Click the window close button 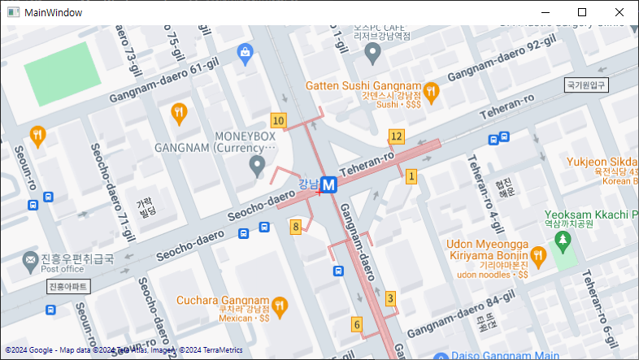[619, 12]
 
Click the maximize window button [582, 12]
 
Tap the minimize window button [545, 12]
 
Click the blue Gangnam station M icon [329, 185]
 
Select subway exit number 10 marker [279, 121]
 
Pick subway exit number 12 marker [396, 136]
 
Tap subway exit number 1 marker [411, 176]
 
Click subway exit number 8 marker [296, 227]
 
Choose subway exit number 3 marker [390, 298]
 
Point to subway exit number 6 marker [356, 324]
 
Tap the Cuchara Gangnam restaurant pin [280, 306]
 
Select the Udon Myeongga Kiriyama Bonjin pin [537, 256]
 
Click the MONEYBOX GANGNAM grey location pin [258, 167]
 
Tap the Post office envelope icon [29, 259]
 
